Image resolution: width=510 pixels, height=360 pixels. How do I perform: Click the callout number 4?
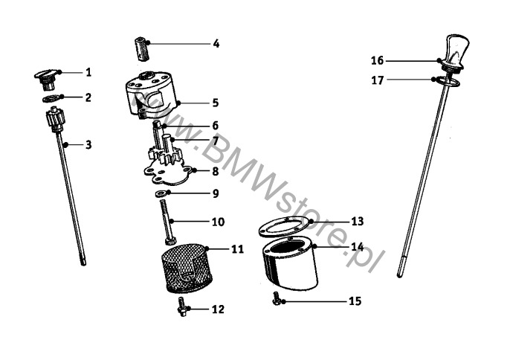(216, 44)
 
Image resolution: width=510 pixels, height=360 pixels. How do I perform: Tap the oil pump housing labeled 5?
(152, 94)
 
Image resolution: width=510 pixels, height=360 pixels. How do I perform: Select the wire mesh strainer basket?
(187, 269)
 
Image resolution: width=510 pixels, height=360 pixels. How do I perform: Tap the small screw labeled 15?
(276, 298)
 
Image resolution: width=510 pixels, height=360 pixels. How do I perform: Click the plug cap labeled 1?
(48, 78)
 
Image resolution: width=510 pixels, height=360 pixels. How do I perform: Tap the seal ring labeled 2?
(52, 97)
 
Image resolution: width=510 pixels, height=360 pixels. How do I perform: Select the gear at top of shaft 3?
(55, 119)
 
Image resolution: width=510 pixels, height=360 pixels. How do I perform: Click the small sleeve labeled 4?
(141, 49)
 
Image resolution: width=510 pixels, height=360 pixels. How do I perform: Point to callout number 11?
(237, 249)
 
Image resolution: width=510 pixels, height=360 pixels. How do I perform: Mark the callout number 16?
(378, 60)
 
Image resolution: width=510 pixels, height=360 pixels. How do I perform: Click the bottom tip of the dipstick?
(399, 275)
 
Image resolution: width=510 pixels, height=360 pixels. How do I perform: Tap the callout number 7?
(215, 141)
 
